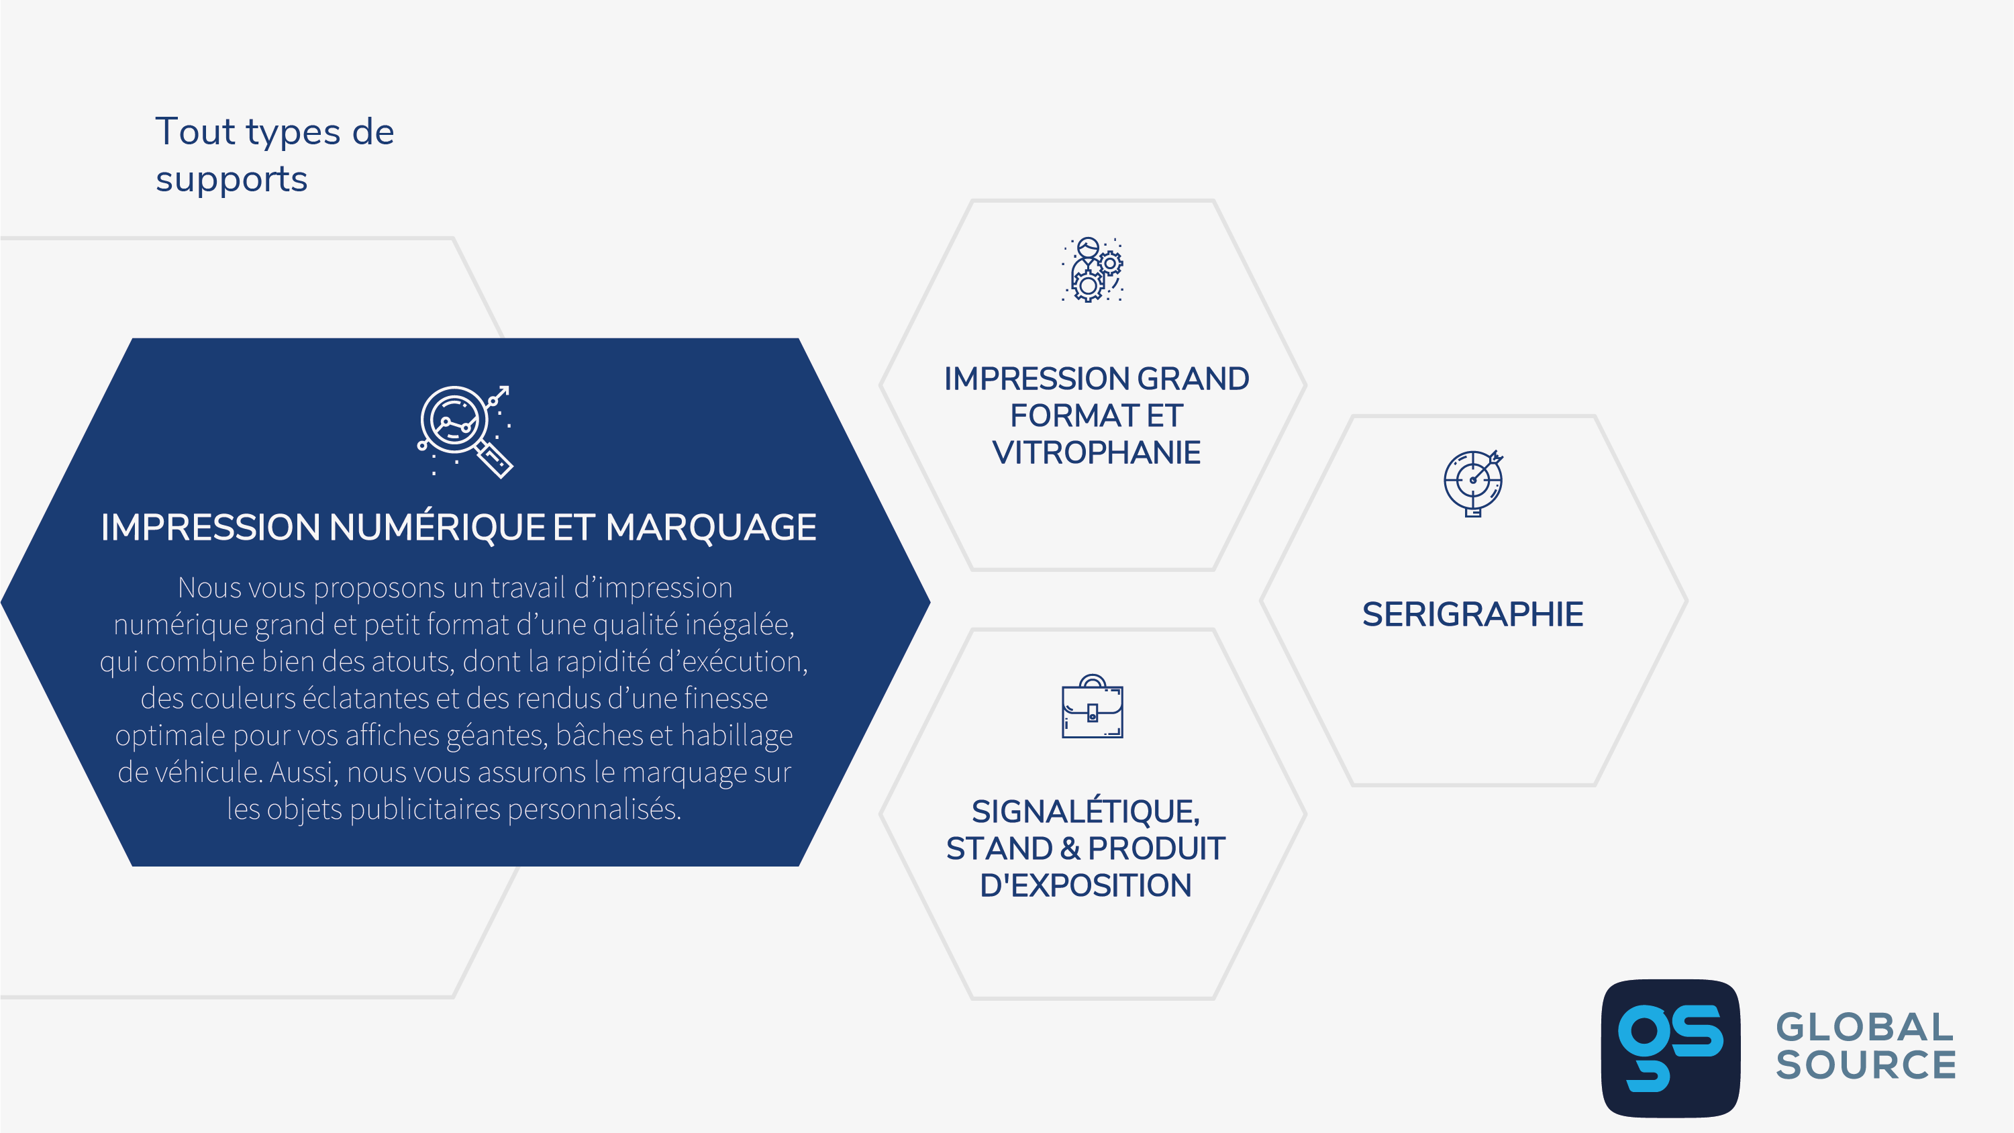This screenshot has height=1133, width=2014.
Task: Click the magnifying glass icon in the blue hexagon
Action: tap(464, 432)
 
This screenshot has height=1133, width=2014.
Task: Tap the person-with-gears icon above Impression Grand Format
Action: tap(1092, 270)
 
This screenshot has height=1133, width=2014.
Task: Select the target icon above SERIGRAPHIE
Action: tap(1473, 483)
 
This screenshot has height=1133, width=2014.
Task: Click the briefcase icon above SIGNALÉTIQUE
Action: tap(1092, 706)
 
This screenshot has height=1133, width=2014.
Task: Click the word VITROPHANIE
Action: tap(1096, 453)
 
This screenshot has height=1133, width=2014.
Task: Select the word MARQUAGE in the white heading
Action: tap(711, 527)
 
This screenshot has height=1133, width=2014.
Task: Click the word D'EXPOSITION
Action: tap(1086, 885)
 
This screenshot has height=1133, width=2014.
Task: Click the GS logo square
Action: tap(1671, 1048)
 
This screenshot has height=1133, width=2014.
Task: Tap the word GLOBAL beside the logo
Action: tap(1864, 1028)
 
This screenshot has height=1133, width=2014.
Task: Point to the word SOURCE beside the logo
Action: tap(1866, 1065)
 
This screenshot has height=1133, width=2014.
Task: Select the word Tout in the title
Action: tap(195, 132)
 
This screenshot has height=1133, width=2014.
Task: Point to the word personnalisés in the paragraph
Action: tap(594, 810)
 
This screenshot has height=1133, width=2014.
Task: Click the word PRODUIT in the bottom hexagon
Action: tap(1156, 848)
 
